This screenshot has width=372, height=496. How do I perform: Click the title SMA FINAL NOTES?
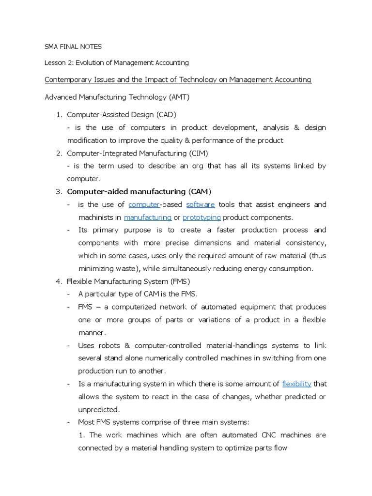(x=73, y=47)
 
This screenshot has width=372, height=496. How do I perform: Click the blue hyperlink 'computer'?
(x=144, y=204)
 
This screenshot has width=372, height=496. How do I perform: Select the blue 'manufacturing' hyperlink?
(x=148, y=217)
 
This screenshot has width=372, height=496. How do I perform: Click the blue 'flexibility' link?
(x=296, y=384)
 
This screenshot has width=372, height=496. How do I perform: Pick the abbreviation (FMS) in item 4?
(x=180, y=281)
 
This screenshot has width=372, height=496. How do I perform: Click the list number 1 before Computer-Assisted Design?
(x=59, y=115)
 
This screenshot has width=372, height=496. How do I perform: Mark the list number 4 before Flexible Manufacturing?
(x=59, y=281)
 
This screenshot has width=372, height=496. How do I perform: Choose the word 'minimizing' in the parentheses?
(x=96, y=268)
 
